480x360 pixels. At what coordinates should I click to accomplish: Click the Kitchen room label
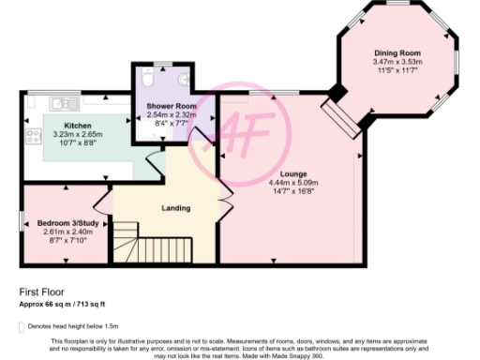pos(76,126)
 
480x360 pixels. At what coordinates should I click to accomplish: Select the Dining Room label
pos(397,53)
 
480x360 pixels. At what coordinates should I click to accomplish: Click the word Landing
pos(175,208)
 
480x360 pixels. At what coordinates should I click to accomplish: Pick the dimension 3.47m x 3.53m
pos(397,63)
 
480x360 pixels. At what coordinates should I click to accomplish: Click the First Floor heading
pos(40,292)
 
